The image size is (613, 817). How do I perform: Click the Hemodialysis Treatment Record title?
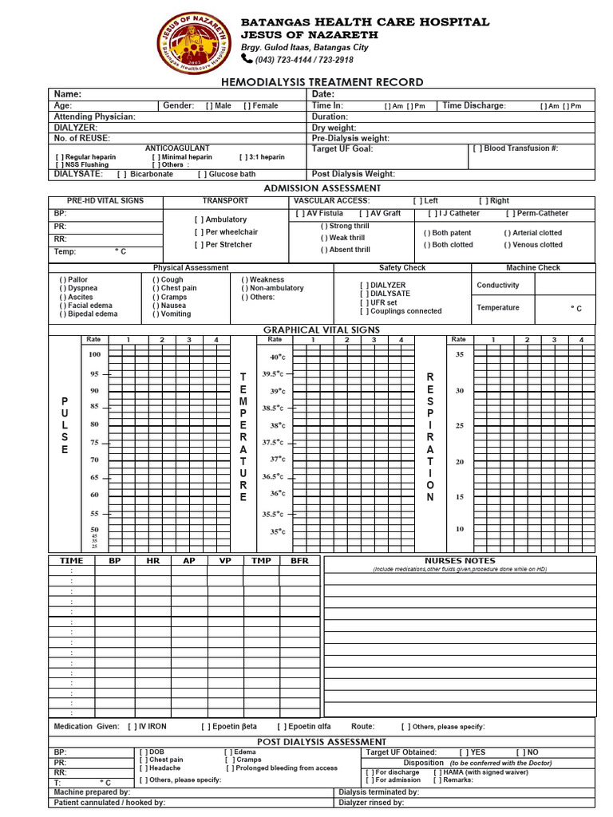[x=322, y=82]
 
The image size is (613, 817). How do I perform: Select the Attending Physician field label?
[x=94, y=116]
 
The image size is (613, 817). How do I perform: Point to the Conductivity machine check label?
[x=497, y=285]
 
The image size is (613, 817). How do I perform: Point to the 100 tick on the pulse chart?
[x=95, y=354]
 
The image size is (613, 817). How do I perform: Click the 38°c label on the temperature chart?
[x=277, y=425]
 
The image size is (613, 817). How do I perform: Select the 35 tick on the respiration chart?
[x=459, y=354]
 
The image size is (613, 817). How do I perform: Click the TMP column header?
[x=261, y=561]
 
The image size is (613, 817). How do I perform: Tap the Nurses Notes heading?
[x=459, y=561]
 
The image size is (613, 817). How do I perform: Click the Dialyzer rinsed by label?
[x=371, y=803]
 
